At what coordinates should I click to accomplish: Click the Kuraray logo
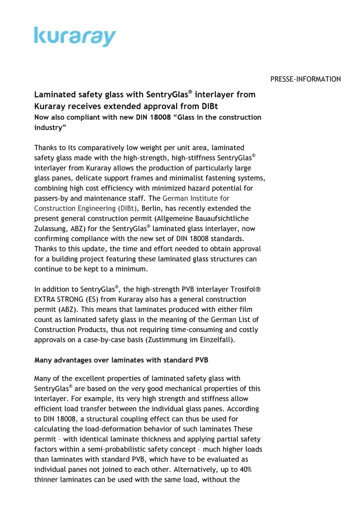point(75,36)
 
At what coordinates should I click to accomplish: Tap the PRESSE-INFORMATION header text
point(306,79)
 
